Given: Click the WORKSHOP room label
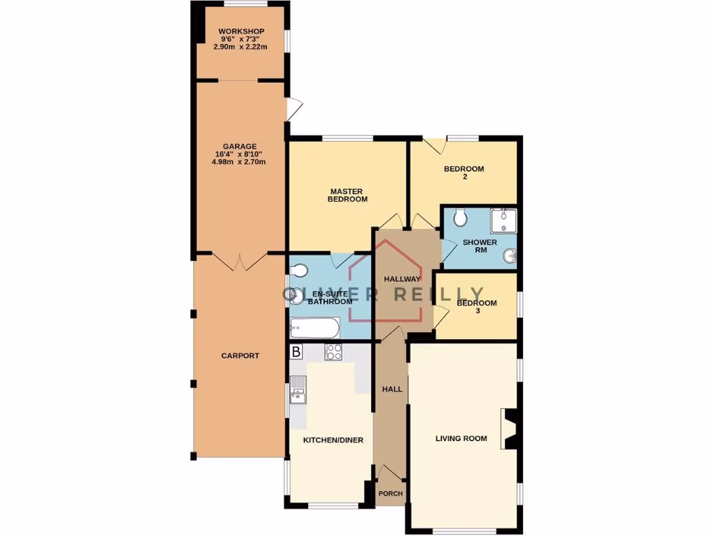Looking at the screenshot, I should pos(241,32).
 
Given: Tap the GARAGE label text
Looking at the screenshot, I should pos(240,147).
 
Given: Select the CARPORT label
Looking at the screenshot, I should pos(240,356).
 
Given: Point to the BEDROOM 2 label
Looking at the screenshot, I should pos(464,173).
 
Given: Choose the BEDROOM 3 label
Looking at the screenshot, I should pos(477,307).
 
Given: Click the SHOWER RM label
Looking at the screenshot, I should pos(480,246).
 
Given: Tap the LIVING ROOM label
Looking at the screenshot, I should pos(461,439).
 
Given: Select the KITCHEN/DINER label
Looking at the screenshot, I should pos(333,440).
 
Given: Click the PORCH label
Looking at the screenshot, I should pos(390,493).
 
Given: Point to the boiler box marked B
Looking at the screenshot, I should pos(296,352).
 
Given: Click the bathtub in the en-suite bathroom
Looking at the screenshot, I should pos(314,328).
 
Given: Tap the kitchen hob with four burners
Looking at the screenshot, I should pos(333,353).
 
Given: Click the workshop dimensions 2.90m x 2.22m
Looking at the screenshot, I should pos(241,47).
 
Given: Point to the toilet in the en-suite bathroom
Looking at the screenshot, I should pos(297,271).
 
